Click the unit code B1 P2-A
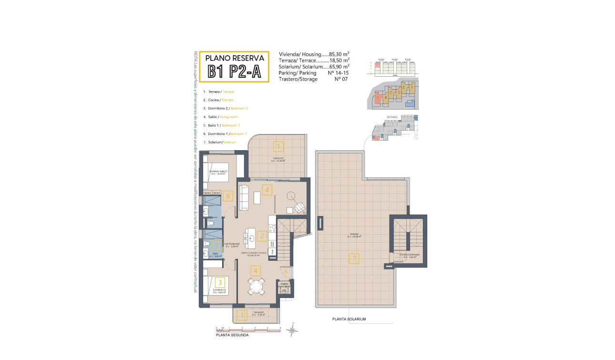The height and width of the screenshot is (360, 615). tap(234, 71)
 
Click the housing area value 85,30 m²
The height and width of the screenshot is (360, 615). tap(339, 54)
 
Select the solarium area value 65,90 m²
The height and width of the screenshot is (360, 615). tap(339, 67)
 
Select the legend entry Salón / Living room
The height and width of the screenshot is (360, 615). tap(220, 117)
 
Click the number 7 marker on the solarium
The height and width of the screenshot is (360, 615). tap(353, 259)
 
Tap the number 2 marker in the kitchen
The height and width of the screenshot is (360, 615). tap(261, 236)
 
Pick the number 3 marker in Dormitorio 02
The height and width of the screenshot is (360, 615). tap(220, 282)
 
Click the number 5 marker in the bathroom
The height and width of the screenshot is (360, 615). tap(216, 246)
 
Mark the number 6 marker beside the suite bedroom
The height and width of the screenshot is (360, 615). tap(228, 195)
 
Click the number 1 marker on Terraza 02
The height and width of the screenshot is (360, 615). tap(278, 146)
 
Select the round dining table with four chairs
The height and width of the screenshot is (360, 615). tap(256, 287)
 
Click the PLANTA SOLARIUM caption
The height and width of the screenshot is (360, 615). tap(349, 319)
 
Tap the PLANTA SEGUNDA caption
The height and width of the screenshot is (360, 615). tap(232, 335)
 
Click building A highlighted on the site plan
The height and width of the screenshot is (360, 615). tap(378, 97)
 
